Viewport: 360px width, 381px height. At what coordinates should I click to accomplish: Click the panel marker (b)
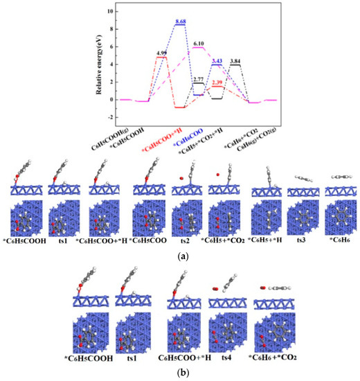(180, 373)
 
